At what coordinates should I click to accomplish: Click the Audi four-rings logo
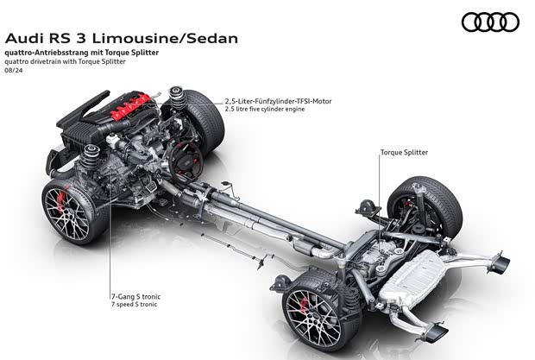(x=490, y=22)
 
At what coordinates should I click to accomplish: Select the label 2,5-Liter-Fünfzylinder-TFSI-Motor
(x=278, y=102)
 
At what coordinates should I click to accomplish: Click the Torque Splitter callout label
(x=404, y=153)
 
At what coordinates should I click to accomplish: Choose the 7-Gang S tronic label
(x=135, y=296)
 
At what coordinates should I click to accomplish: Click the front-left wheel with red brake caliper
(x=74, y=208)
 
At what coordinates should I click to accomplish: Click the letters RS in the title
(x=56, y=38)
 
